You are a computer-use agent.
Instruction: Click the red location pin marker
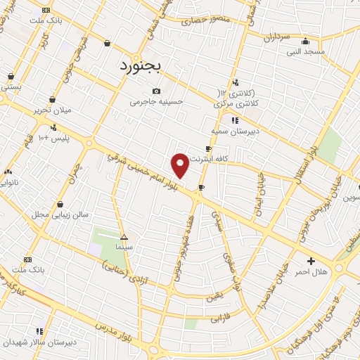pyautogui.click(x=180, y=165)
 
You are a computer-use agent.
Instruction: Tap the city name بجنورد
pyautogui.click(x=138, y=67)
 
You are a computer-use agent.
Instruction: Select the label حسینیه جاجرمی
pyautogui.click(x=156, y=101)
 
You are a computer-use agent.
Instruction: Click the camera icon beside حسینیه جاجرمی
pyautogui.click(x=156, y=91)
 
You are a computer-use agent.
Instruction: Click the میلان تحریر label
pyautogui.click(x=52, y=110)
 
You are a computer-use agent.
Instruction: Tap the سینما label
pyautogui.click(x=124, y=247)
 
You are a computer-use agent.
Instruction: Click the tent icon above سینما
pyautogui.click(x=124, y=237)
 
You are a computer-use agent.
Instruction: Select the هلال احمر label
pyautogui.click(x=311, y=271)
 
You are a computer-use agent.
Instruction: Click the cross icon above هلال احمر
pyautogui.click(x=311, y=261)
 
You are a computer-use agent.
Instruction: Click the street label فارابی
pyautogui.click(x=219, y=319)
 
